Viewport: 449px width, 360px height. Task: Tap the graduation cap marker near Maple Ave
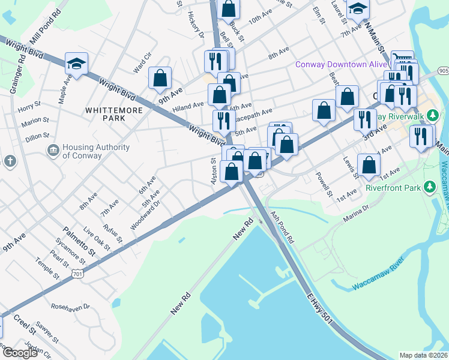tap(77, 65)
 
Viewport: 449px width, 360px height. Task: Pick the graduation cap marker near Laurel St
tap(358, 8)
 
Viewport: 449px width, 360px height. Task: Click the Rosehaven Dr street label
tap(70, 307)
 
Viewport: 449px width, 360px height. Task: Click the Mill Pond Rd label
tap(49, 21)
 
